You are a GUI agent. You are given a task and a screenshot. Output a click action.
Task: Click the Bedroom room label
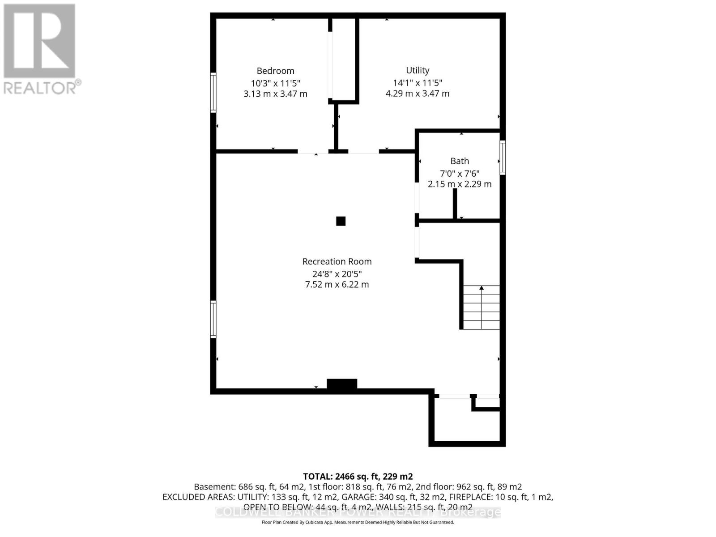275,71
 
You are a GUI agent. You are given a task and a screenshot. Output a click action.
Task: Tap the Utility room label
418,70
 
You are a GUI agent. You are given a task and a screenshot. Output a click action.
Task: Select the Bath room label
460,161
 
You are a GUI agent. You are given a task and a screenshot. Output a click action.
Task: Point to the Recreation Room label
337,261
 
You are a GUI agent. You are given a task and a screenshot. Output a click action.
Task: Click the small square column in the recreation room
341,221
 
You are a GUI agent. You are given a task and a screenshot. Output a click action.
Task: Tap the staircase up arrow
482,289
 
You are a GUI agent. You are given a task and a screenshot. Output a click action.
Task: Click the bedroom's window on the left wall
213,93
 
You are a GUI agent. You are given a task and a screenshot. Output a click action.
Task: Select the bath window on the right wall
503,158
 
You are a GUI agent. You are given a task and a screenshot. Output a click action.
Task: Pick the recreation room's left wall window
213,319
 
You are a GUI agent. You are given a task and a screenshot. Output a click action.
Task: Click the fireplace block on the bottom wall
342,384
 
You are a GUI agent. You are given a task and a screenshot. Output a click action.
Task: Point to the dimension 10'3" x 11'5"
275,83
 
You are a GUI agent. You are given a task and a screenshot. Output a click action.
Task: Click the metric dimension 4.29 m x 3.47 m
418,94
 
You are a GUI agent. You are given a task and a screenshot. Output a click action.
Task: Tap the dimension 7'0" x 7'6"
460,173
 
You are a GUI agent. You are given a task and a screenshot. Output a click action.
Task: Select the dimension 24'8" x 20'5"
337,273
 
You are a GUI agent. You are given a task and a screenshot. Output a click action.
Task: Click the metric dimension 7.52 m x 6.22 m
337,285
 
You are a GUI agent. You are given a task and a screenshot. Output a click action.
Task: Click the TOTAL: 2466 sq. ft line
358,477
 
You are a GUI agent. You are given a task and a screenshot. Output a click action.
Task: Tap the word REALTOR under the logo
39,88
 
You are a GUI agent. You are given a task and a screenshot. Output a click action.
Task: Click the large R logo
39,41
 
